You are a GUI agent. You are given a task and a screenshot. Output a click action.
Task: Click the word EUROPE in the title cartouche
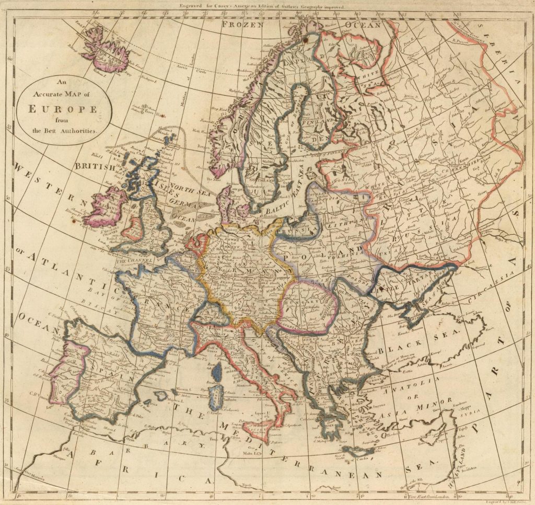(62, 110)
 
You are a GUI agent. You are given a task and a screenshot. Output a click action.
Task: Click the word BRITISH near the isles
(94, 166)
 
